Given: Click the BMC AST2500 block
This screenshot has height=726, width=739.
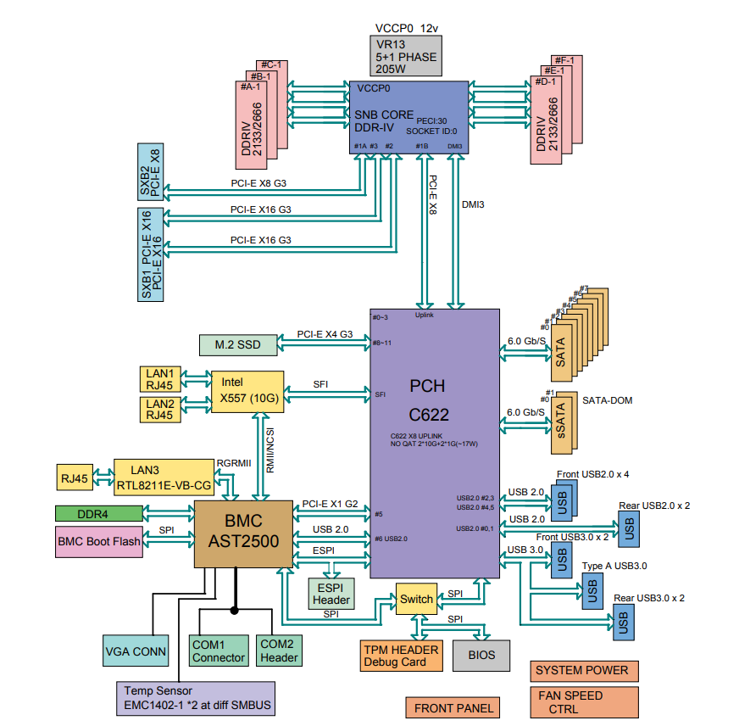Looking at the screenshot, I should (242, 533).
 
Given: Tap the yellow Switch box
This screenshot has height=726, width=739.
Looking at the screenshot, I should (416, 600).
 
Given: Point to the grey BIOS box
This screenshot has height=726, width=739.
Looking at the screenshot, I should (481, 655).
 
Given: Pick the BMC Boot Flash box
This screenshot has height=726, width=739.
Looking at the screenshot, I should (99, 540).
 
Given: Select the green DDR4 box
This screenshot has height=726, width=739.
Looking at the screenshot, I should (99, 513).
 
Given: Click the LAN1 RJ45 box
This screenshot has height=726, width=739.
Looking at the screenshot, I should (159, 379).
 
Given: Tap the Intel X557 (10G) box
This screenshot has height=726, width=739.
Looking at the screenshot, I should (246, 389).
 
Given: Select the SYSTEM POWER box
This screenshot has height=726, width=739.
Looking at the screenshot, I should (583, 671).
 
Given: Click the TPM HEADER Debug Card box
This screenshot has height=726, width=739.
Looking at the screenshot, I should (401, 655).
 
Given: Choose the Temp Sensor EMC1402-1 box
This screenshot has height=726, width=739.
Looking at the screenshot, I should (194, 697).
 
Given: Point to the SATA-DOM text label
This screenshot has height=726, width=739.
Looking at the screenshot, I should (607, 400).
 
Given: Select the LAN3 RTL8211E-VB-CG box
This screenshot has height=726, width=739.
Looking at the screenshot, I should (164, 477).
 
